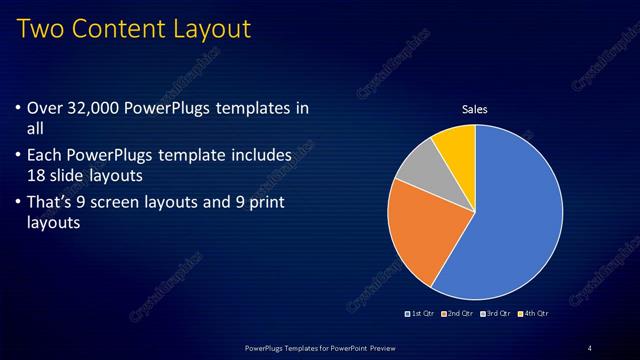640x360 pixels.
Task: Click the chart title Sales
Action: (x=475, y=109)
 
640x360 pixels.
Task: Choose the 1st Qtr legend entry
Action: (x=420, y=313)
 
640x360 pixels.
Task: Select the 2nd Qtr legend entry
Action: (x=459, y=313)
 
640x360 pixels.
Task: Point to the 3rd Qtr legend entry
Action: (x=497, y=313)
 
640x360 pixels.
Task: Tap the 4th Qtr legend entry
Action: (x=534, y=313)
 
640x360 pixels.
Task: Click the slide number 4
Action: (x=590, y=347)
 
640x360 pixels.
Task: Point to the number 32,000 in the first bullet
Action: (x=95, y=108)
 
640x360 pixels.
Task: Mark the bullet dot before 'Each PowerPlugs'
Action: (x=22, y=156)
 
